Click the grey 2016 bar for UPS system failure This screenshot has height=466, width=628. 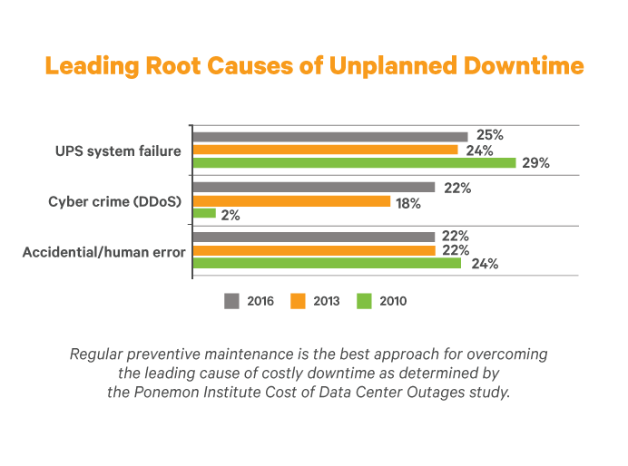click(330, 136)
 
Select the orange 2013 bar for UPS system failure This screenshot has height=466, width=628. click(325, 150)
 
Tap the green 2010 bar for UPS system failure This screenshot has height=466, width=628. click(354, 163)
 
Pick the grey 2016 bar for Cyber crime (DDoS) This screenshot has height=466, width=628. click(313, 188)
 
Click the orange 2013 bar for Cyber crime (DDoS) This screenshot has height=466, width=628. click(291, 201)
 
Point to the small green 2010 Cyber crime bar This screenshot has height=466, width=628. click(204, 214)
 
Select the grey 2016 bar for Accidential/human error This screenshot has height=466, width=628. click(313, 237)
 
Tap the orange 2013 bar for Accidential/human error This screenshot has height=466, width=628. click(313, 250)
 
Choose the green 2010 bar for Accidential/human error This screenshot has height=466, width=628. click(327, 264)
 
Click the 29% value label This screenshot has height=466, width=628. click(535, 164)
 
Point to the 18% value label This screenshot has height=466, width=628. click(408, 203)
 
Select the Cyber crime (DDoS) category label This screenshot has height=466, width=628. click(117, 201)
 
